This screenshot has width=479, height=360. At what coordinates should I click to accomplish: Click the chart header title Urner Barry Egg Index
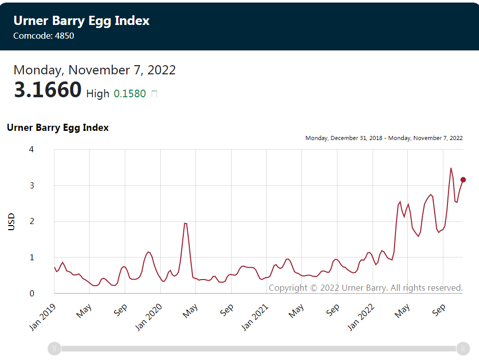(81, 21)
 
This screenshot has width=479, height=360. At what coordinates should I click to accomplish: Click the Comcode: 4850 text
(44, 36)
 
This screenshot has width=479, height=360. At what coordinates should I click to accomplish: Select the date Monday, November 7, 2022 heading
(95, 70)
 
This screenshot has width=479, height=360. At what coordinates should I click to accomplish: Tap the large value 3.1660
(47, 90)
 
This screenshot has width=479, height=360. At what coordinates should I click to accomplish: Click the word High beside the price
(98, 94)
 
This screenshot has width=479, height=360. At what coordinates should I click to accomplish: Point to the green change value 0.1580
(130, 94)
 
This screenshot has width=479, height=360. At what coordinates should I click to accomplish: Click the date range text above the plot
(384, 138)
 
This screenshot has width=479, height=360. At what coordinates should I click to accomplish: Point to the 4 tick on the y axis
(32, 150)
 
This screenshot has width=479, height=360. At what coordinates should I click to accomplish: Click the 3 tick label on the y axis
(32, 185)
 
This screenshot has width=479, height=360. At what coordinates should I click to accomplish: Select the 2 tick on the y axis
(32, 221)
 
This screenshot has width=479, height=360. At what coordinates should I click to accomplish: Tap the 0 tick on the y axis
(32, 293)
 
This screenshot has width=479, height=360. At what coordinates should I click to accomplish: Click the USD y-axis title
(12, 221)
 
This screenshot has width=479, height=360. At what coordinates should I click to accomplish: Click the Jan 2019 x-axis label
(43, 317)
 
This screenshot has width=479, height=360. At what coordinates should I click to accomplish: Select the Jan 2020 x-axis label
(149, 317)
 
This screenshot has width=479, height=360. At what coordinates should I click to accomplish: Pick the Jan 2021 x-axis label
(255, 317)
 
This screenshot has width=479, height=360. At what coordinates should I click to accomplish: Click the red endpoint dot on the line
(463, 180)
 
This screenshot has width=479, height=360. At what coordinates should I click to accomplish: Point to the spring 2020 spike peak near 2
(185, 224)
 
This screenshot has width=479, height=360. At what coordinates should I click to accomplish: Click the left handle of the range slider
(54, 349)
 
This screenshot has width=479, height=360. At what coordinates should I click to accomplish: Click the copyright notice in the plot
(365, 288)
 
